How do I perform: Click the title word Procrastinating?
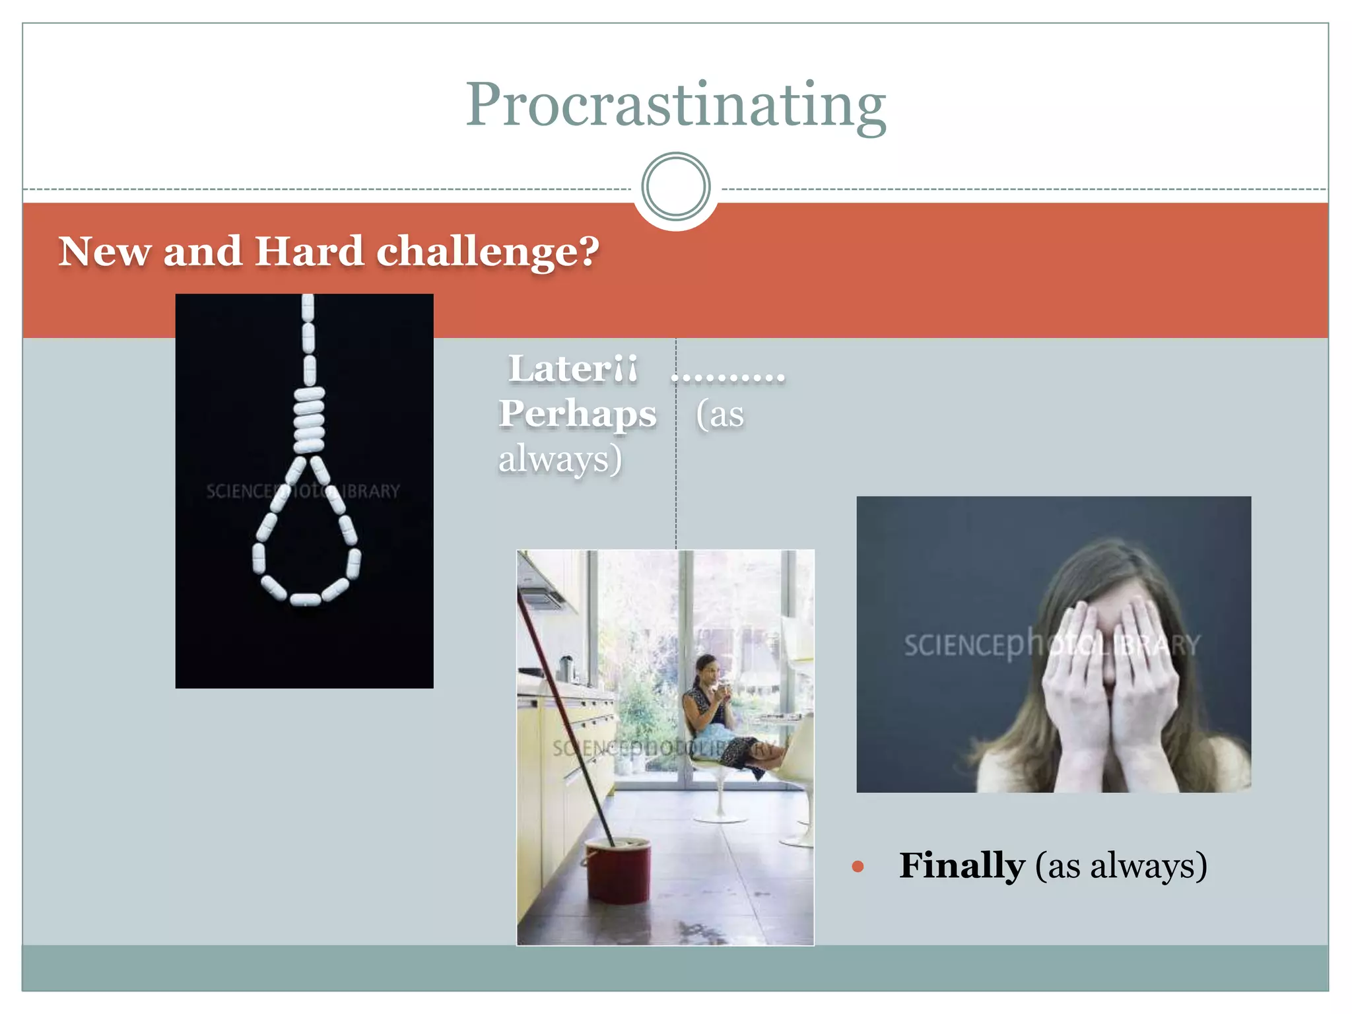(x=675, y=106)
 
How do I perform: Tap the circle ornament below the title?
(x=675, y=187)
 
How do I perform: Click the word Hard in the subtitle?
(x=309, y=252)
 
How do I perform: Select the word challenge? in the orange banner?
(x=488, y=253)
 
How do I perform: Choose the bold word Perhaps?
(x=577, y=414)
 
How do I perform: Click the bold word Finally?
(x=962, y=865)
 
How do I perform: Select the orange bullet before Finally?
(x=858, y=867)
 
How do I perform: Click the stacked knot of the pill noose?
(x=308, y=419)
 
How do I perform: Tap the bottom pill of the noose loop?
(x=305, y=599)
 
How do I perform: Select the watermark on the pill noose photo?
(x=303, y=491)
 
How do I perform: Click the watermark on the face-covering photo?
(x=1052, y=644)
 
